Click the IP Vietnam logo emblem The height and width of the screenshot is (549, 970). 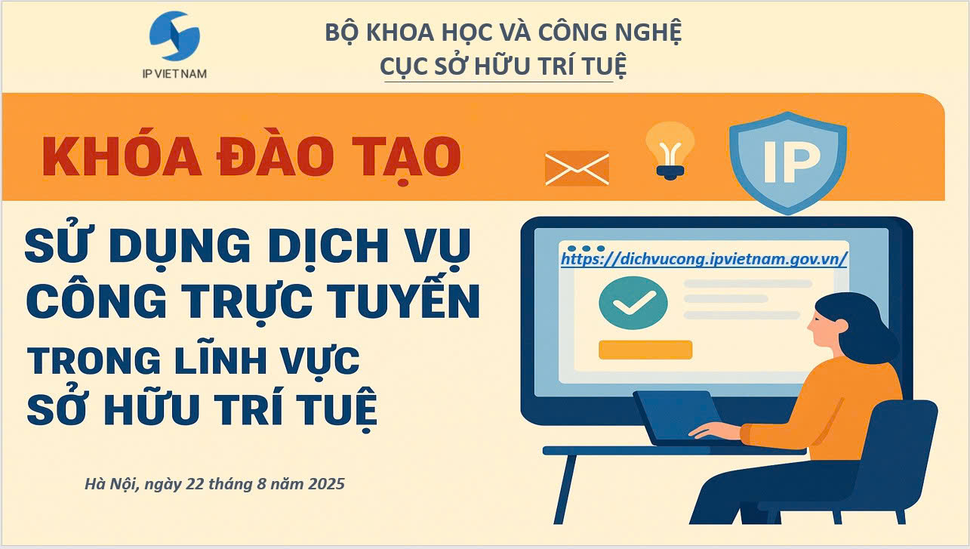pyautogui.click(x=174, y=36)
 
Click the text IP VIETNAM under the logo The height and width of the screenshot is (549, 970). pyautogui.click(x=174, y=74)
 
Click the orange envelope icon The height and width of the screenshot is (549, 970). pyautogui.click(x=577, y=168)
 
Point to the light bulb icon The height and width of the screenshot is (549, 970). pyautogui.click(x=670, y=150)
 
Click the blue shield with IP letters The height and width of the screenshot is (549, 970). pyautogui.click(x=787, y=163)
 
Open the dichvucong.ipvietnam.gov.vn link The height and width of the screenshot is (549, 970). pyautogui.click(x=704, y=259)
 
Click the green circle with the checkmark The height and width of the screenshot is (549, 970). pyautogui.click(x=633, y=303)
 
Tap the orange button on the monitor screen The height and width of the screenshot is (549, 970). pyautogui.click(x=645, y=350)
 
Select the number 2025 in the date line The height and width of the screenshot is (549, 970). pyautogui.click(x=326, y=484)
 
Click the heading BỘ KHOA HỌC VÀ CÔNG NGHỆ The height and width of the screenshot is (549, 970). pyautogui.click(x=503, y=32)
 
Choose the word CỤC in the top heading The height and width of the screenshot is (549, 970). pyautogui.click(x=404, y=66)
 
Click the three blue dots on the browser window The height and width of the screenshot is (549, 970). pyautogui.click(x=586, y=248)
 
